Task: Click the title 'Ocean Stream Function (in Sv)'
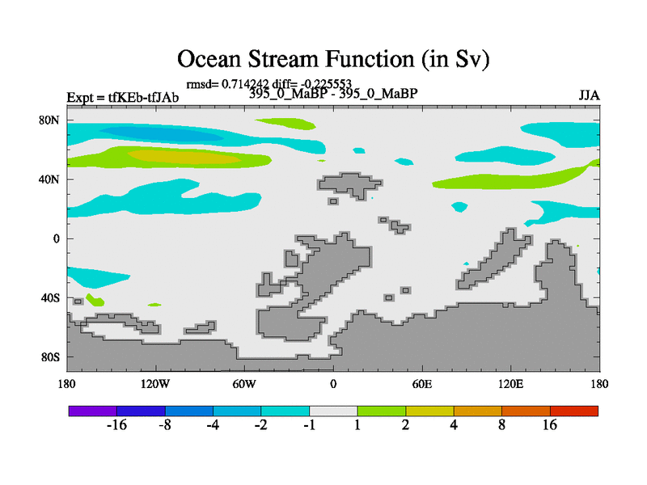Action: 333,59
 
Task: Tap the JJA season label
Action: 589,95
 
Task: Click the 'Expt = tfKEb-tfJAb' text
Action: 123,98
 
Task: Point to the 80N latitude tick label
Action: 49,120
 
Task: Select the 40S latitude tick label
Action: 50,297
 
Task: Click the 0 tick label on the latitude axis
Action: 56,238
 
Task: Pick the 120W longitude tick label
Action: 155,385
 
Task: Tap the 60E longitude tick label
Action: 422,385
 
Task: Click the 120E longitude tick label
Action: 511,385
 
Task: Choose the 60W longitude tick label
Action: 244,385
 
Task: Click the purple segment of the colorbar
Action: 93,411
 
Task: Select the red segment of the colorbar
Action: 574,411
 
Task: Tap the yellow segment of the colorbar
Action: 429,411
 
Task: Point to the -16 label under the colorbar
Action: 116,425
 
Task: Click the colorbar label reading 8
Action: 501,425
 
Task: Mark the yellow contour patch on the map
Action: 184,156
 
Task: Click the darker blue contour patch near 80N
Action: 161,133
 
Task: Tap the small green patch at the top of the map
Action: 285,124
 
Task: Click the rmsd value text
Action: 228,84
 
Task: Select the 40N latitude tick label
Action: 49,179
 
